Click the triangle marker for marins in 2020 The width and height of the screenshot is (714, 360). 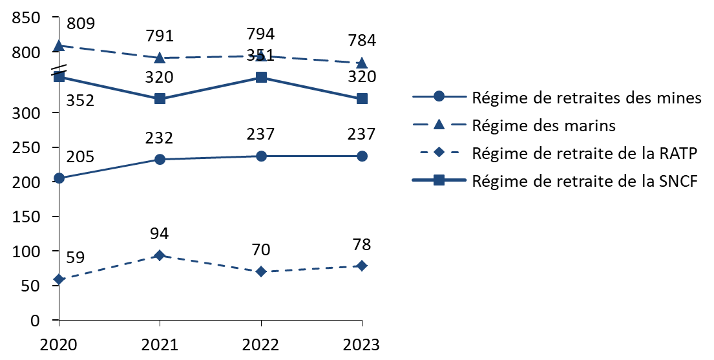click(x=59, y=46)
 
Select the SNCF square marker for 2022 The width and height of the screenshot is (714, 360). click(x=261, y=78)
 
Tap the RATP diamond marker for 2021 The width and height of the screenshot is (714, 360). click(x=160, y=255)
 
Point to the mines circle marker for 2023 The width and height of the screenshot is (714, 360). click(x=362, y=156)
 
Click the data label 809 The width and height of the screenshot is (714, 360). click(x=81, y=23)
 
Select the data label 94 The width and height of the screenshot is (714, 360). click(x=160, y=234)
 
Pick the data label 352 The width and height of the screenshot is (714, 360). click(x=81, y=100)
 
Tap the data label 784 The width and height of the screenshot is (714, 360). click(x=362, y=41)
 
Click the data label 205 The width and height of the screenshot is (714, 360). click(x=81, y=157)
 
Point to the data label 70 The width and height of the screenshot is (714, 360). click(x=261, y=249)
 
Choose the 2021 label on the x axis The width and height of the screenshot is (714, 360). click(x=160, y=345)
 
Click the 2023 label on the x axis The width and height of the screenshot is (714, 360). click(x=362, y=345)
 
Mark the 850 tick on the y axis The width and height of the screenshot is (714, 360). click(x=26, y=17)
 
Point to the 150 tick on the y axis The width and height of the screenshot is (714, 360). click(x=26, y=217)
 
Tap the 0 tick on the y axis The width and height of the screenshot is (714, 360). click(x=36, y=321)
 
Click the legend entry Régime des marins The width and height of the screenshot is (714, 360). click(x=543, y=125)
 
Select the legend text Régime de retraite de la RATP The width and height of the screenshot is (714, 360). click(x=585, y=153)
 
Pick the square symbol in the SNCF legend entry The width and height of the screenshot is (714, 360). click(x=439, y=181)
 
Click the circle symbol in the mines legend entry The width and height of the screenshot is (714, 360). click(x=439, y=97)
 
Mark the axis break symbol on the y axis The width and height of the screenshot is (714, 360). click(x=59, y=70)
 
